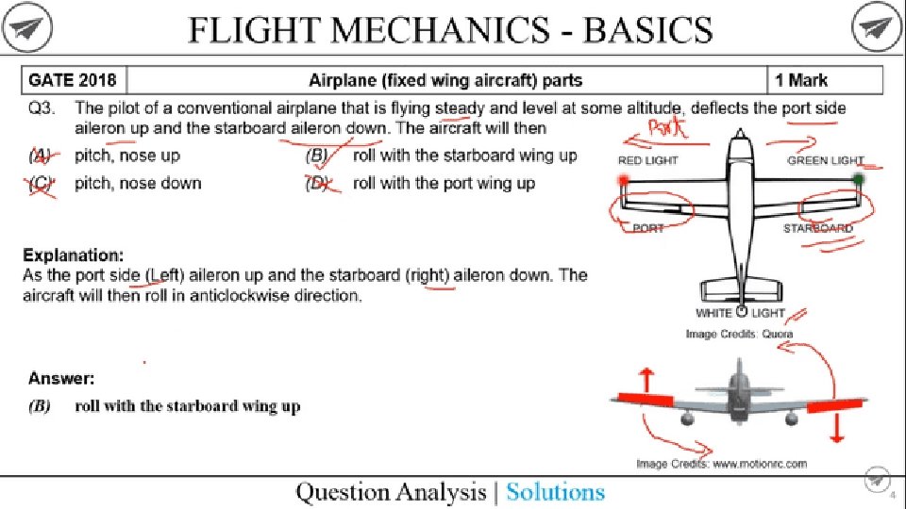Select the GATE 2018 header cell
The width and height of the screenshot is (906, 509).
point(73,80)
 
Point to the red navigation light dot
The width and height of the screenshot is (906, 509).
point(624,179)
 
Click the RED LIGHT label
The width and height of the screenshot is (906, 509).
point(647,161)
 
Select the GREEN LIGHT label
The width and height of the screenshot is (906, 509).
point(825,161)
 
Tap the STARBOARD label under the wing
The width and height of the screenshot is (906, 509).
point(817,229)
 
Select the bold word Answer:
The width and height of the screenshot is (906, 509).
point(60,379)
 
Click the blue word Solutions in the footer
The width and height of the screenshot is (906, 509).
point(555,492)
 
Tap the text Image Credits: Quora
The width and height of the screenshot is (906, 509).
point(739,334)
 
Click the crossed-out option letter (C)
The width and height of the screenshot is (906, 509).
point(41,183)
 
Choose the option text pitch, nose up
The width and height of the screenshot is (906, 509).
point(127,156)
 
